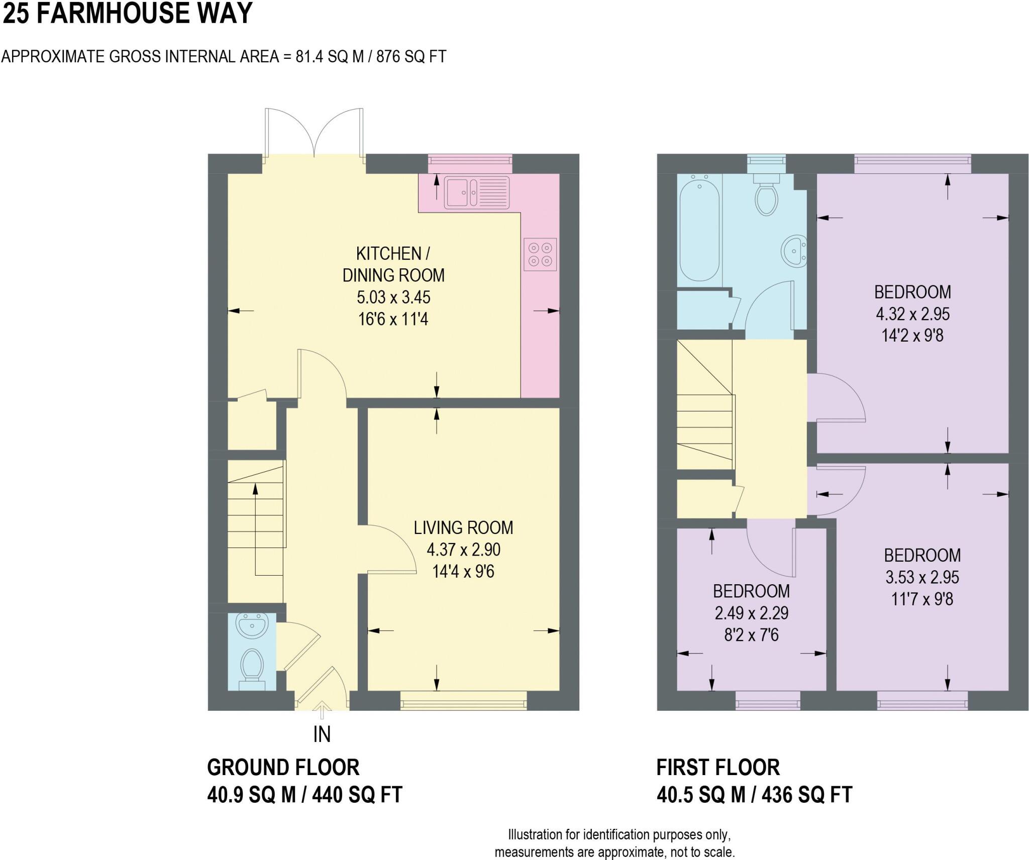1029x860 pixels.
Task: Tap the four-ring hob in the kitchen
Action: point(540,254)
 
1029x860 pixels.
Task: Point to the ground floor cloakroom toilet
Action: point(252,666)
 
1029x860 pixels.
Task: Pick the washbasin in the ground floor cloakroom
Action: point(254,626)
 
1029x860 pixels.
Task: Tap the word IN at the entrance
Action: point(322,735)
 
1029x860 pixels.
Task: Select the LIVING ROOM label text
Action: point(463,527)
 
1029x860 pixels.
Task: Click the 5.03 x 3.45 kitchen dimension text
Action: point(393,297)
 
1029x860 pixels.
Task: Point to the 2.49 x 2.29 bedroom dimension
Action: point(751,613)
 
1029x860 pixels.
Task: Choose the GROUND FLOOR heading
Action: point(283,768)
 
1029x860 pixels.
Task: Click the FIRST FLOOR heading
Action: point(718,768)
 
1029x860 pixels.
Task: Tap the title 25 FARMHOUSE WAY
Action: point(127,13)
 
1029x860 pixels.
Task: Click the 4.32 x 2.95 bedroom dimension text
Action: point(912,314)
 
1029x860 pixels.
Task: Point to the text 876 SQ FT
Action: point(411,56)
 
